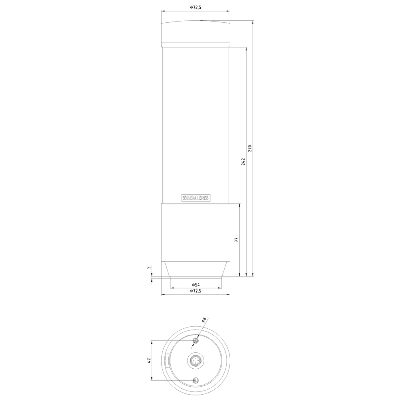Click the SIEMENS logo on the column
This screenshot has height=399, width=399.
[x=196, y=198]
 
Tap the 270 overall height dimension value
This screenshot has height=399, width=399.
[x=250, y=148]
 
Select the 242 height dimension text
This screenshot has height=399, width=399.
[x=243, y=161]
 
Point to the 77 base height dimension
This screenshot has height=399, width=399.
[x=236, y=240]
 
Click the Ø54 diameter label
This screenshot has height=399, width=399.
[x=196, y=284]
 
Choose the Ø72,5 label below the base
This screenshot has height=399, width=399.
[x=196, y=292]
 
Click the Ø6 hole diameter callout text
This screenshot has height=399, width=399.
[x=204, y=320]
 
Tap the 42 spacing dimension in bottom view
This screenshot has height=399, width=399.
[x=149, y=360]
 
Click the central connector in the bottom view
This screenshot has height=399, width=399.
[x=196, y=361]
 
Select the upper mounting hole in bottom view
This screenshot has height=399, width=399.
[x=196, y=341]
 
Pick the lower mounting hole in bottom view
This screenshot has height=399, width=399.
[x=196, y=380]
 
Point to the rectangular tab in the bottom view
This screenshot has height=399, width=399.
[x=167, y=360]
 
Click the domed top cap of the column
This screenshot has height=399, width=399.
[x=196, y=33]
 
